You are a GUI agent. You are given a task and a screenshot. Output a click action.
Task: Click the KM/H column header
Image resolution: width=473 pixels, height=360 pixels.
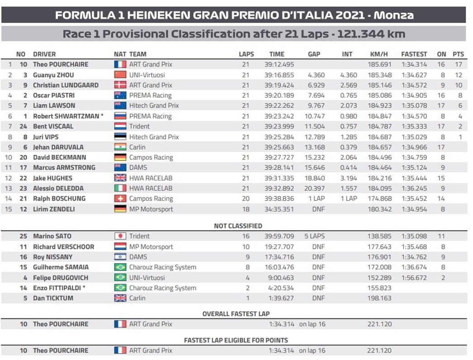pos(378,54)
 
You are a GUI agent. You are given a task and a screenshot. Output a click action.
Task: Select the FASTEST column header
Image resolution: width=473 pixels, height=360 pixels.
pos(414,54)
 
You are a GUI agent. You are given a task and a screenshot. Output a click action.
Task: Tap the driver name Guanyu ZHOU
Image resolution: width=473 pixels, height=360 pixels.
pos(53,75)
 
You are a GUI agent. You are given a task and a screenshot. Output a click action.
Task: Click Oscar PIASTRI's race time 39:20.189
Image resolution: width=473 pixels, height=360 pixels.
pos(279,95)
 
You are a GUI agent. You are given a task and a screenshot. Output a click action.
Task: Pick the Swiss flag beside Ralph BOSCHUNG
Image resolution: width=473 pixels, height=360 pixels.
pos(120,199)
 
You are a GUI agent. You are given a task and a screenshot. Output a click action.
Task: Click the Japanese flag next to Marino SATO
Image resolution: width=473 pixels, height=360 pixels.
pos(120,236)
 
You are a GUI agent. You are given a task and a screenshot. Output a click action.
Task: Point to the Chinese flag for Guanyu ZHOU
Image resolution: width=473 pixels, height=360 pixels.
pos(120,75)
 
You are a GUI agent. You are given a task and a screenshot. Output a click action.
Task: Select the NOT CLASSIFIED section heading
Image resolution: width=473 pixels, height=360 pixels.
pos(237,226)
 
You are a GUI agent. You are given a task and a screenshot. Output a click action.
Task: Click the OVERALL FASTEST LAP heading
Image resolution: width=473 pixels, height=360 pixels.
pos(236,314)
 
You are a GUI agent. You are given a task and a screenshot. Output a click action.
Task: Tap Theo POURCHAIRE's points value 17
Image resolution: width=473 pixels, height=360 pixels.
pos(459,65)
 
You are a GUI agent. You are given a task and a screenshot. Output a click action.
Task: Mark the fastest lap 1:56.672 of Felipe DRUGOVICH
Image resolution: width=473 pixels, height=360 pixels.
pos(414,278)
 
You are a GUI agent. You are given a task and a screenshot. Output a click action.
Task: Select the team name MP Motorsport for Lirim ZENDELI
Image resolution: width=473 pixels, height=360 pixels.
pos(151,209)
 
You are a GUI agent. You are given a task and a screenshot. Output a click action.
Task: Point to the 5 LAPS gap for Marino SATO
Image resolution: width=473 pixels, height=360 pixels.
pos(314,236)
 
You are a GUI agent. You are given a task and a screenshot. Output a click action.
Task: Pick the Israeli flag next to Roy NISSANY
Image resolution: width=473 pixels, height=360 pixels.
pos(120,257)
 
